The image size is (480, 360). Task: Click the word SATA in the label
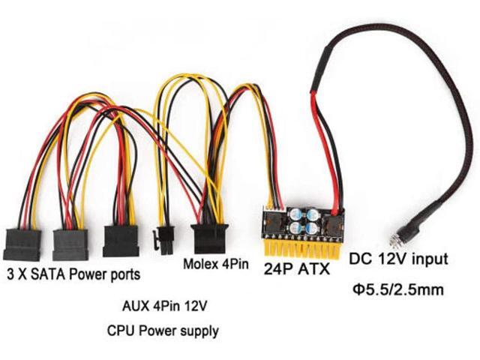tap(47, 272)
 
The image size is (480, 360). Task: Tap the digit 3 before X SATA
tap(8, 272)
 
